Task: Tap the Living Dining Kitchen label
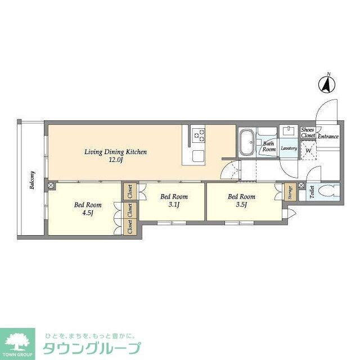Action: point(115,152)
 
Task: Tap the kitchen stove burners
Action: point(199,134)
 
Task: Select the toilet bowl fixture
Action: point(325,191)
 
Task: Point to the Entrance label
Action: point(328,137)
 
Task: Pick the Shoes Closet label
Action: point(308,133)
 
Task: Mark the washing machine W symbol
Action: point(308,151)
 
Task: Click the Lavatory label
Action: point(289,148)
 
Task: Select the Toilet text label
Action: point(312,192)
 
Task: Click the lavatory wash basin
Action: point(289,132)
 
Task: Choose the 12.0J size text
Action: point(115,160)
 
